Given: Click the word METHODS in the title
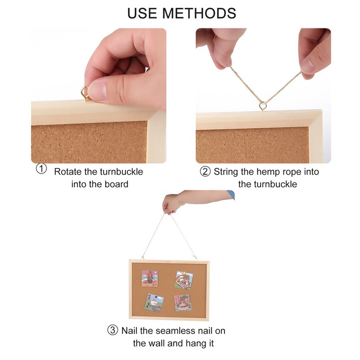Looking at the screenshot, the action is pyautogui.click(x=199, y=13).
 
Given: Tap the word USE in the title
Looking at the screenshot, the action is pyautogui.click(x=142, y=13).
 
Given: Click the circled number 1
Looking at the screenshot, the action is pyautogui.click(x=41, y=169).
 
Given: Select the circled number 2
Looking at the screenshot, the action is pyautogui.click(x=205, y=171).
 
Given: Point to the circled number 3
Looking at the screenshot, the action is pyautogui.click(x=113, y=330).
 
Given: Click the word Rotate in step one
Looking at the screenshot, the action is pyautogui.click(x=68, y=171).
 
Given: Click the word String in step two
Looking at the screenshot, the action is pyautogui.click(x=226, y=172).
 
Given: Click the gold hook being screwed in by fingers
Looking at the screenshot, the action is pyautogui.click(x=85, y=93).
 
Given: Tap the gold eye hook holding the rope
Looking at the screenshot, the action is pyautogui.click(x=263, y=107).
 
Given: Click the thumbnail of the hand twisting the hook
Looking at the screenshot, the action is pyautogui.click(x=99, y=96).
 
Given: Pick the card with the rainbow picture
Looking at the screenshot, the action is pyautogui.click(x=184, y=280).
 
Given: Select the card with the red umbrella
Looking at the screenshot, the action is pyautogui.click(x=150, y=279).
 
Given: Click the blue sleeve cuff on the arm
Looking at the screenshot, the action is pyautogui.click(x=231, y=195).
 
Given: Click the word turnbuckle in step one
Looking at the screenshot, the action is pyautogui.click(x=125, y=171).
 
